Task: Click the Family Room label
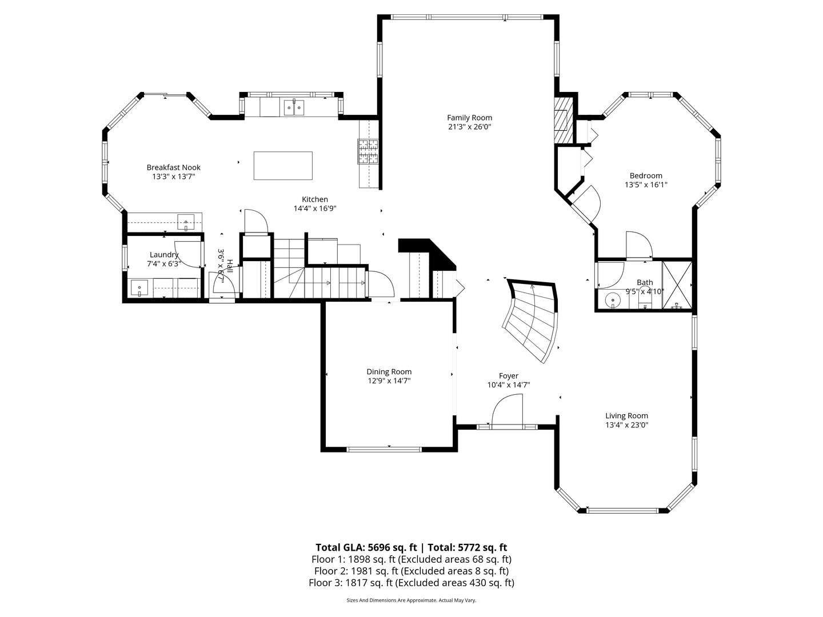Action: click(469, 118)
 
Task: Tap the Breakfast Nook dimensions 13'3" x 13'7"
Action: click(173, 177)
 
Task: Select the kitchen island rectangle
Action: click(283, 165)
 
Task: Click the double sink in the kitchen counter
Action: click(294, 107)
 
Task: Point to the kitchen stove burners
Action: click(368, 151)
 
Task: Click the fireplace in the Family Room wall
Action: click(563, 119)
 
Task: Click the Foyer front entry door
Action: click(508, 411)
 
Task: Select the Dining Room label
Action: click(389, 371)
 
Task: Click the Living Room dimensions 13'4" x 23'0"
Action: click(626, 425)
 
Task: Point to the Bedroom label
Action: click(646, 175)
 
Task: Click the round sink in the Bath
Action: click(613, 299)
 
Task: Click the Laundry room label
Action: click(164, 255)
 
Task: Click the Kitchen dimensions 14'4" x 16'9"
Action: click(315, 209)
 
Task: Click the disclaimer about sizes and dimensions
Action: click(411, 600)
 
